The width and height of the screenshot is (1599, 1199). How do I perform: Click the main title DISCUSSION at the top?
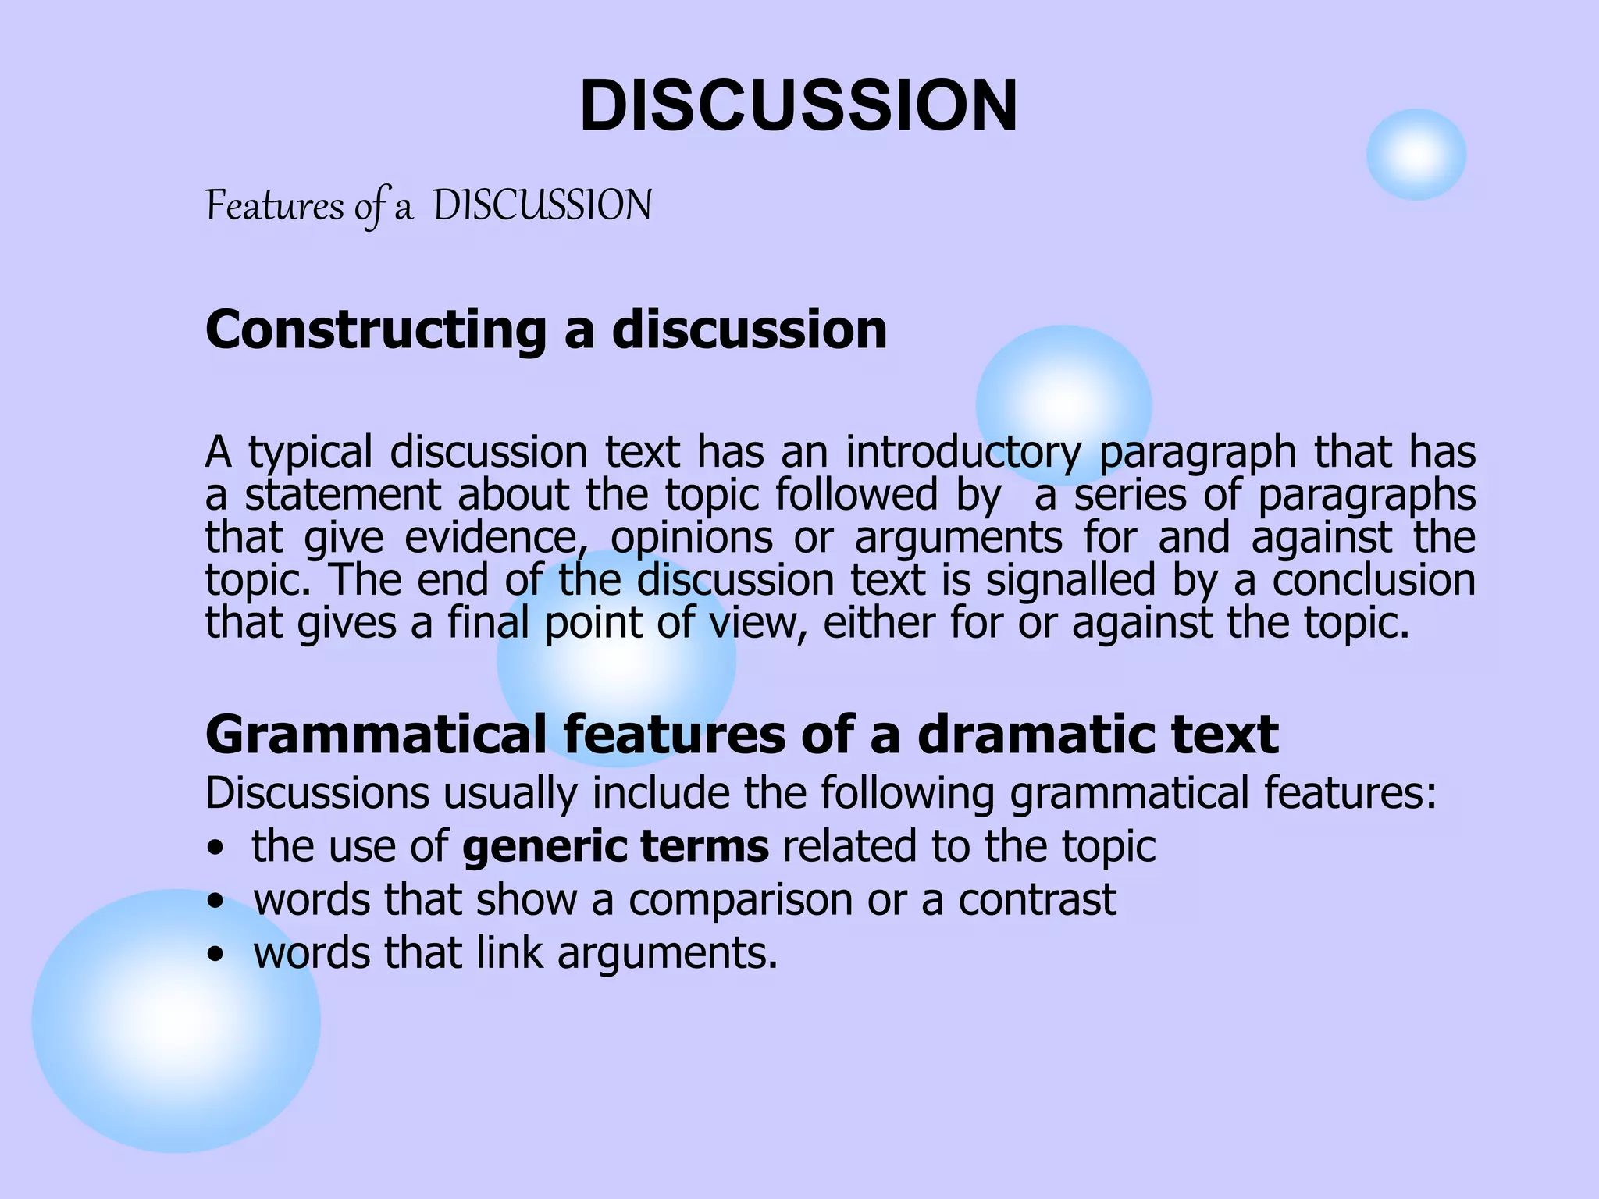click(x=799, y=106)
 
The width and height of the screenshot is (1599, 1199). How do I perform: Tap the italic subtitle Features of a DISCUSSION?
click(x=428, y=207)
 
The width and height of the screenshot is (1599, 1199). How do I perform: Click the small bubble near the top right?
click(x=1416, y=155)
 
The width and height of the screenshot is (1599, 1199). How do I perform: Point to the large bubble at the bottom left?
click(x=176, y=1020)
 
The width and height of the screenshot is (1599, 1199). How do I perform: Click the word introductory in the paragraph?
click(x=963, y=453)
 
